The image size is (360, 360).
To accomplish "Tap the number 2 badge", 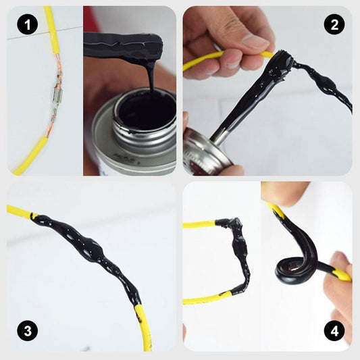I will [x=334, y=26].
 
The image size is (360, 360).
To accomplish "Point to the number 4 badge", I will [x=334, y=331].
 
